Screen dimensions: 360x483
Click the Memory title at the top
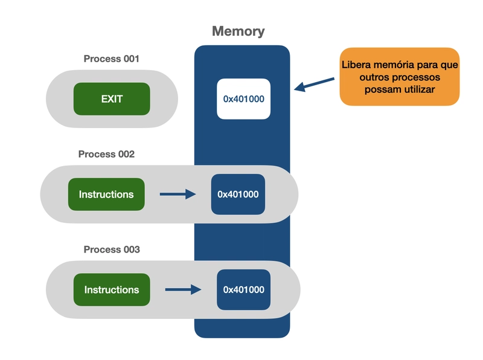click(x=238, y=31)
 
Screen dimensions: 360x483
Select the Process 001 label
click(x=112, y=59)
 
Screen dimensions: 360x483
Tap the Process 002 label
click(x=106, y=154)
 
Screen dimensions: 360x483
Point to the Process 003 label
click(x=112, y=249)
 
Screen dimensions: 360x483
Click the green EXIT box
click(x=112, y=98)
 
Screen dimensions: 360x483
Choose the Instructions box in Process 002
click(x=106, y=194)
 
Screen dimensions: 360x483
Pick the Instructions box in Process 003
click(x=112, y=289)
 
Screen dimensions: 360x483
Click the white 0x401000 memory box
click(x=243, y=98)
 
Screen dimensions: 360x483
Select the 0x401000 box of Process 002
click(x=238, y=194)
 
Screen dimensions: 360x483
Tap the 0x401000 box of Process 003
click(x=243, y=289)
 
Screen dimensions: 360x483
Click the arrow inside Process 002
click(x=178, y=194)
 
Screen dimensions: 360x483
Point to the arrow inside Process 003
click(x=183, y=289)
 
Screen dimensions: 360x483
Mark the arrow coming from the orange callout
click(x=314, y=84)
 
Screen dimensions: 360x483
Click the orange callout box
click(x=399, y=77)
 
